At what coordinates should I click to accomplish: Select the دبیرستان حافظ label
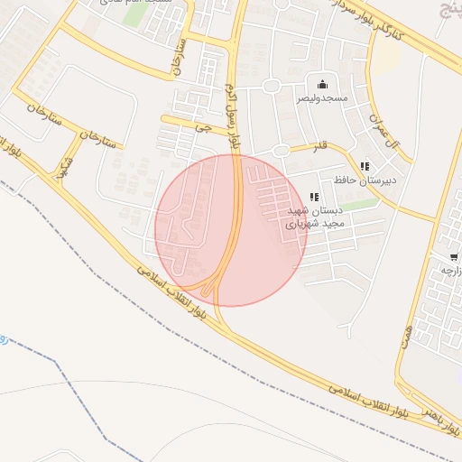(x=365, y=180)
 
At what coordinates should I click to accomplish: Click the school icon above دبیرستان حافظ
(x=365, y=167)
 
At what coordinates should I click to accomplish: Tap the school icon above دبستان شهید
(x=313, y=197)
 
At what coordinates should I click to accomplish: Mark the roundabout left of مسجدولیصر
(x=271, y=87)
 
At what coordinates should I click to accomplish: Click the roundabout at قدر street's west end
(x=282, y=151)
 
